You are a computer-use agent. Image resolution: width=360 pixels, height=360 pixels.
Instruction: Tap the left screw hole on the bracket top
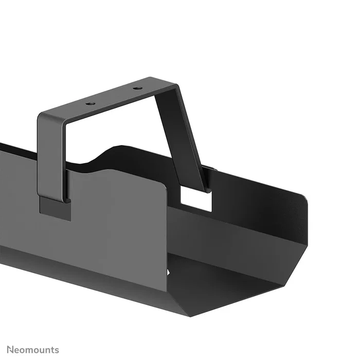92,103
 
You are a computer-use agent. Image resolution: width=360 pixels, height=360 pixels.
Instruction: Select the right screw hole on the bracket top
137,88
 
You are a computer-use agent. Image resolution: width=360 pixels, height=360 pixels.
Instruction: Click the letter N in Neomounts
11,350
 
